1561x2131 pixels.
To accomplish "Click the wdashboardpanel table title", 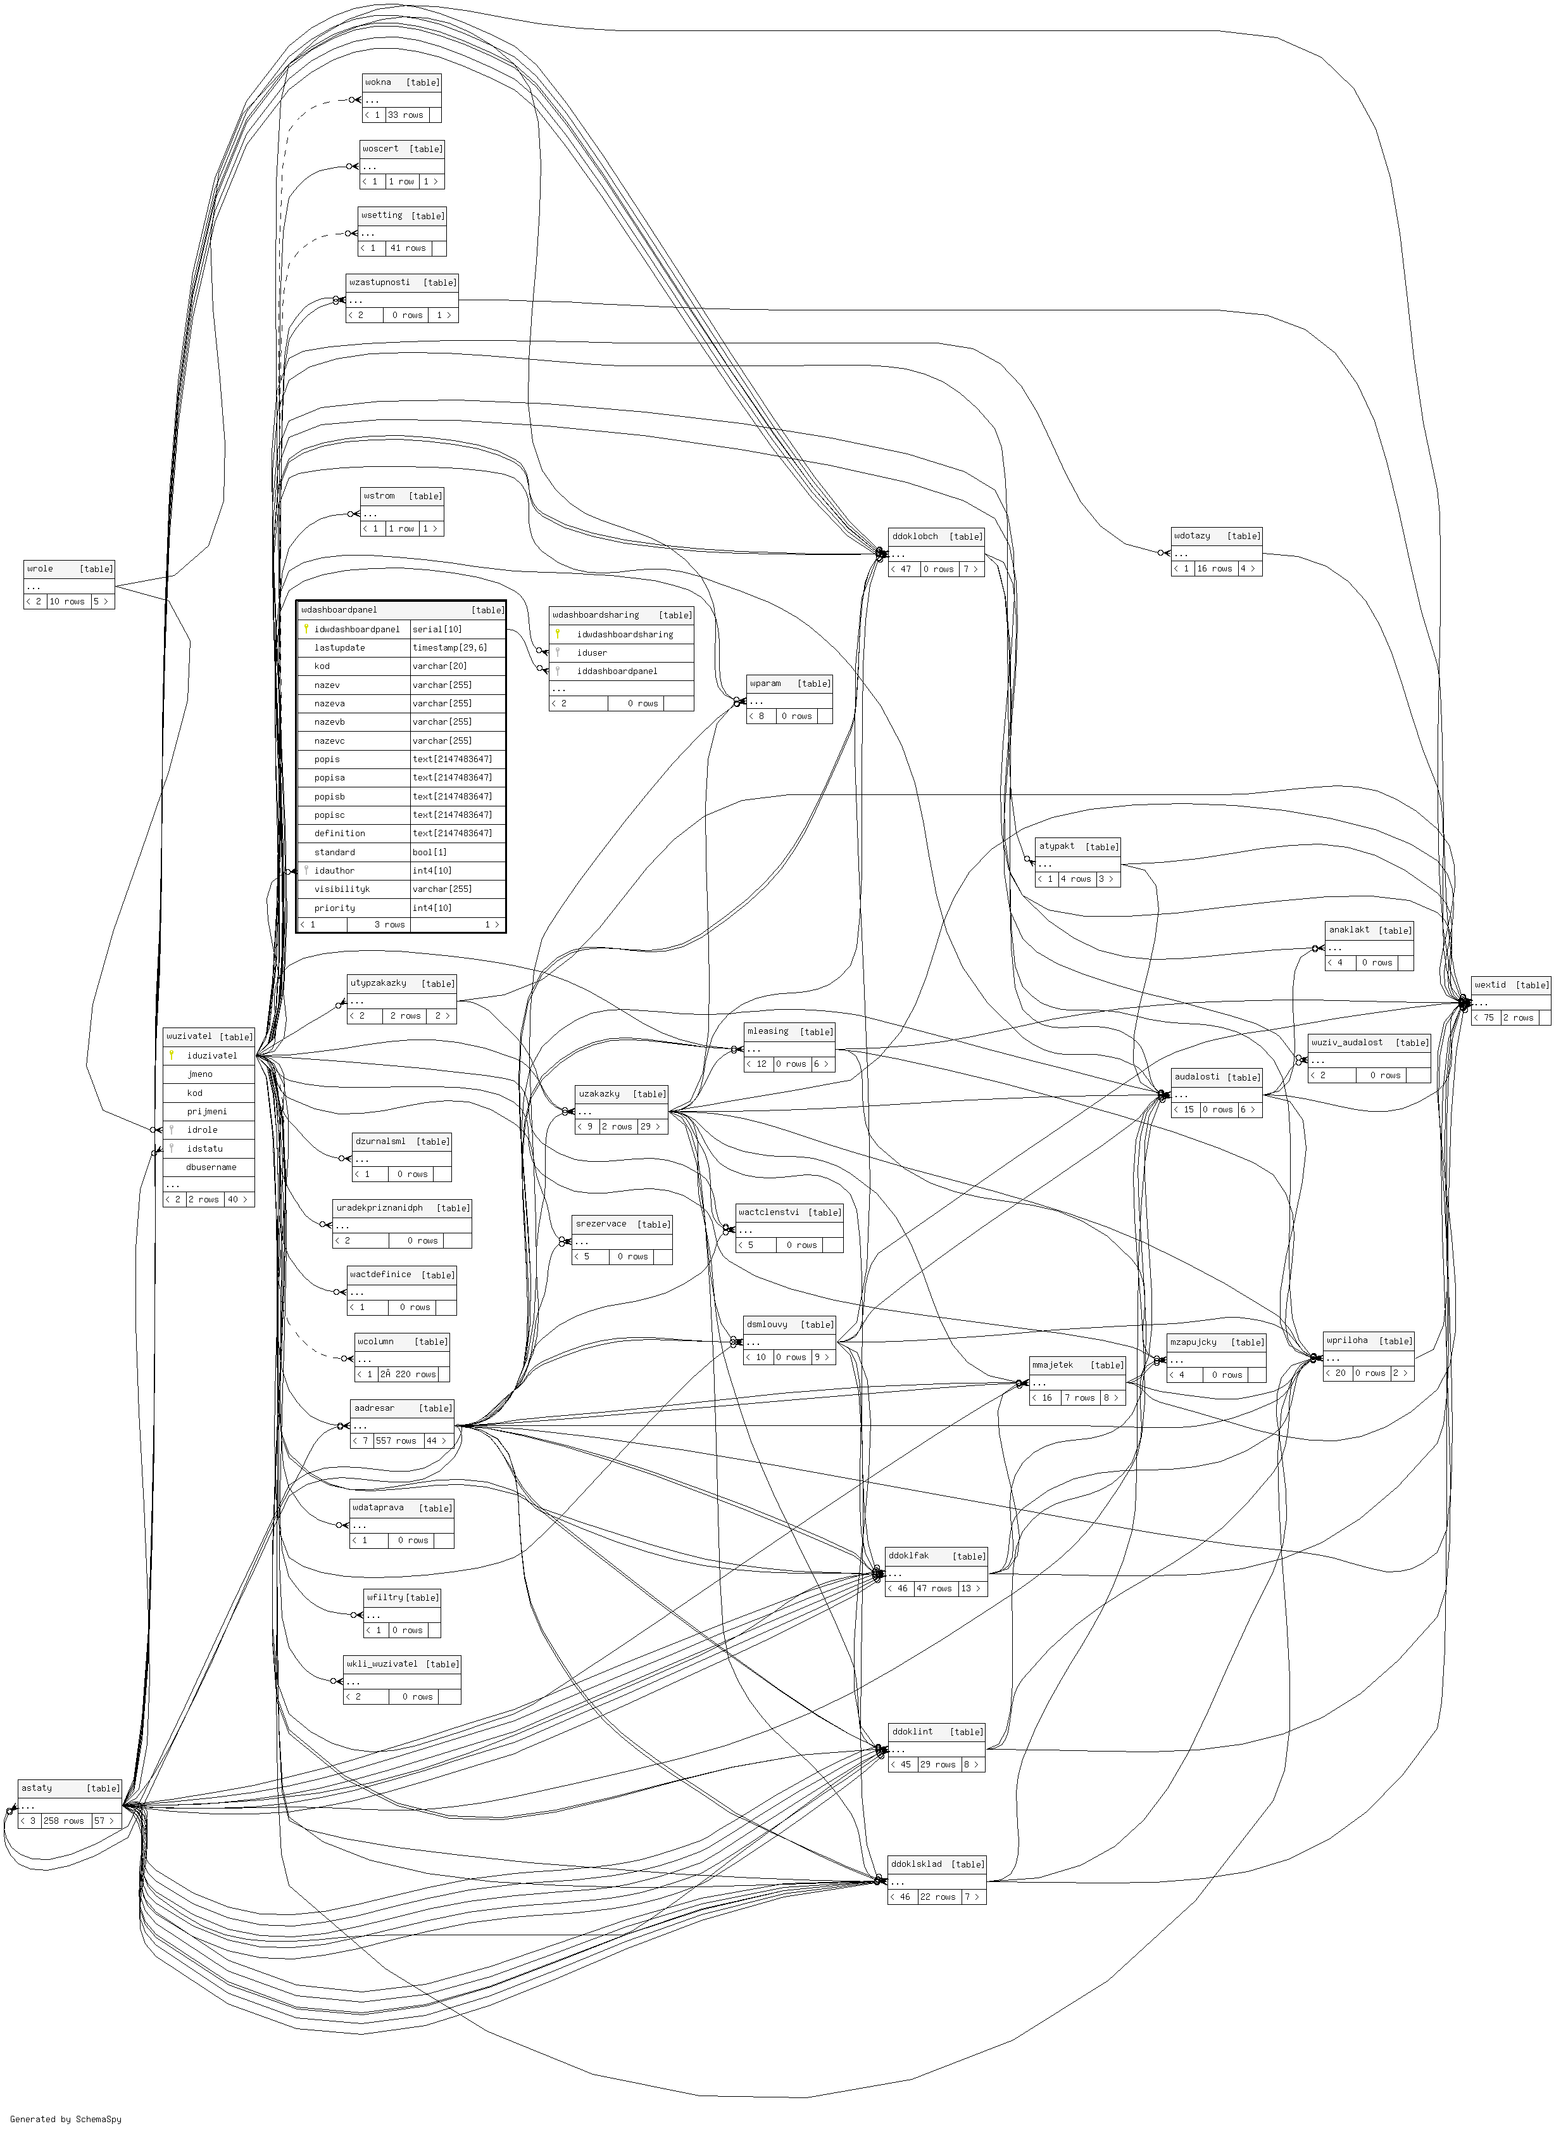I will [x=339, y=610].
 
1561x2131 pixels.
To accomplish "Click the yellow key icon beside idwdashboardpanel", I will [x=306, y=628].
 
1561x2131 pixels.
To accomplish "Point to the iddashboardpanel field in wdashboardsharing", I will [x=617, y=671].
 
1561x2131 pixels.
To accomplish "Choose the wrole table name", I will [x=41, y=569].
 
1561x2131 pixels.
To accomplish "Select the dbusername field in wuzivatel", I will [x=211, y=1167].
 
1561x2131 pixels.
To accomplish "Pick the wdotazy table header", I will [x=1193, y=536].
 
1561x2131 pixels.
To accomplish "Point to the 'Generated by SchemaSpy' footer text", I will [x=66, y=2120].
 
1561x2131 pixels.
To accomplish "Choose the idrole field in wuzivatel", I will [x=202, y=1129].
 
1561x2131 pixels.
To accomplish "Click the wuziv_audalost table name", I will [x=1346, y=1043].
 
